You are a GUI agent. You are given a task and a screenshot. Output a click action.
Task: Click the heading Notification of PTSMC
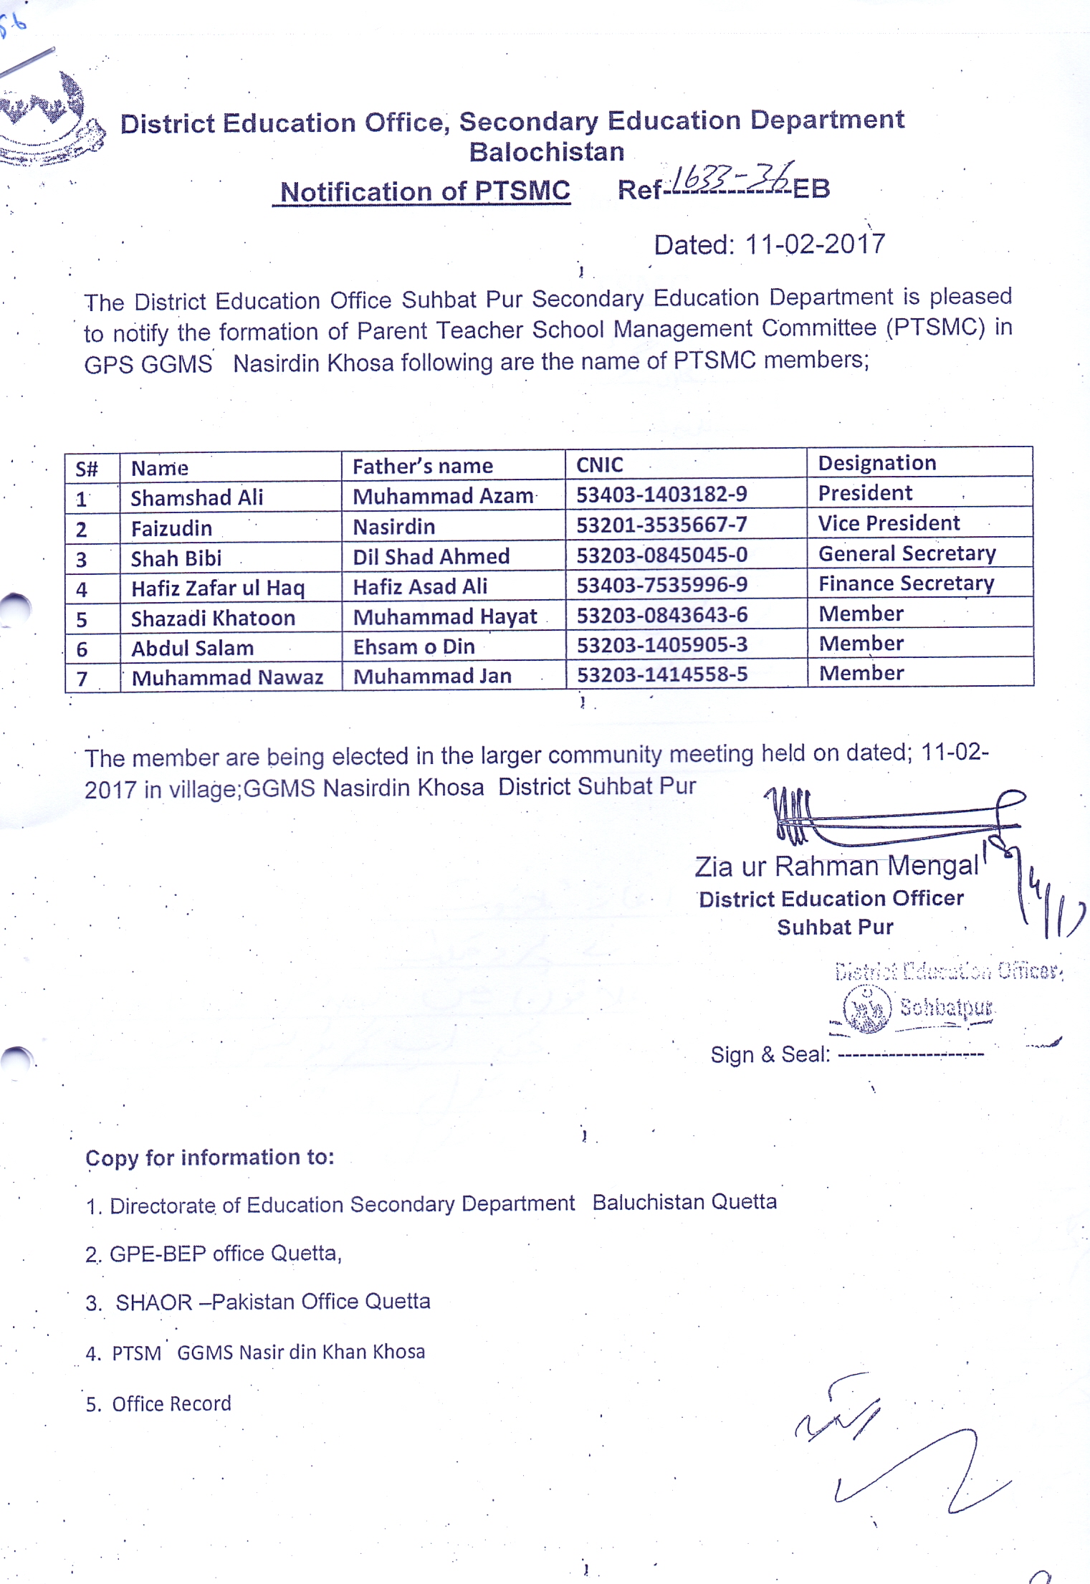425,191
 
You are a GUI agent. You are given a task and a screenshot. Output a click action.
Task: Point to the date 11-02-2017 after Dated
815,244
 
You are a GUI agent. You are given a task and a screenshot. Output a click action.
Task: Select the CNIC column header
600,465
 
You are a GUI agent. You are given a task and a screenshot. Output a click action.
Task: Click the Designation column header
877,463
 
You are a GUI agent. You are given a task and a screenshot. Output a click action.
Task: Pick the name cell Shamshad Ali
197,497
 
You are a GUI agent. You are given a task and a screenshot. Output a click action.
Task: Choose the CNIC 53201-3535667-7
661,525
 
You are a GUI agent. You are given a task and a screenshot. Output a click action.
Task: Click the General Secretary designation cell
907,553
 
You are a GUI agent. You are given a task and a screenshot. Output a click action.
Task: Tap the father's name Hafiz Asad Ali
420,586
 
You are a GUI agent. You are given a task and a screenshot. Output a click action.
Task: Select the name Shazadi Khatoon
213,618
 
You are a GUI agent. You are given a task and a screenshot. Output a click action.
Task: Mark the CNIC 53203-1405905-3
662,644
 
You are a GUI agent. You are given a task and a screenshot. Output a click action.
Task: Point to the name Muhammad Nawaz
227,677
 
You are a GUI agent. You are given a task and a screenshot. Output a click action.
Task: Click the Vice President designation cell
889,523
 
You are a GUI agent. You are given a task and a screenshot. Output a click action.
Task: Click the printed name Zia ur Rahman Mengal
836,867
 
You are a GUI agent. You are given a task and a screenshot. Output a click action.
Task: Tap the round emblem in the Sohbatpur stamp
867,1008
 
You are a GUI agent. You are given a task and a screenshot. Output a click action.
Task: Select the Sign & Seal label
770,1054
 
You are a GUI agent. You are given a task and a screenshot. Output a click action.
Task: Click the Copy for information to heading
210,1158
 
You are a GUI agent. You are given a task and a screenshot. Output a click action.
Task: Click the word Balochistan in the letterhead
546,152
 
